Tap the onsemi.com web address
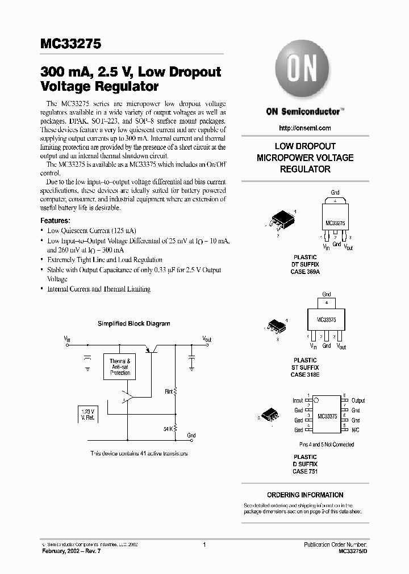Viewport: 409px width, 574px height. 306,128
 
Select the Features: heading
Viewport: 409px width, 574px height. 55,220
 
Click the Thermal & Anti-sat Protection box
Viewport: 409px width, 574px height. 120,367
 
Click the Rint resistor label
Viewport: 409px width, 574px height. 169,391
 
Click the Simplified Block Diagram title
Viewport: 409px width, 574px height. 133,324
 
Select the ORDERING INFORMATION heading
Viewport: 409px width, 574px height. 305,495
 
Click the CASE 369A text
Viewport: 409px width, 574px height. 305,272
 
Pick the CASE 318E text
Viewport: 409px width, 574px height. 305,374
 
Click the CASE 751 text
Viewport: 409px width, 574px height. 305,471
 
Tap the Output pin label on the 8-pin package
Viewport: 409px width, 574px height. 358,400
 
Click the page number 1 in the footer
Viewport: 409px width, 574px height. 204,544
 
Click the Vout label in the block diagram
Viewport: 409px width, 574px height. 207,339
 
